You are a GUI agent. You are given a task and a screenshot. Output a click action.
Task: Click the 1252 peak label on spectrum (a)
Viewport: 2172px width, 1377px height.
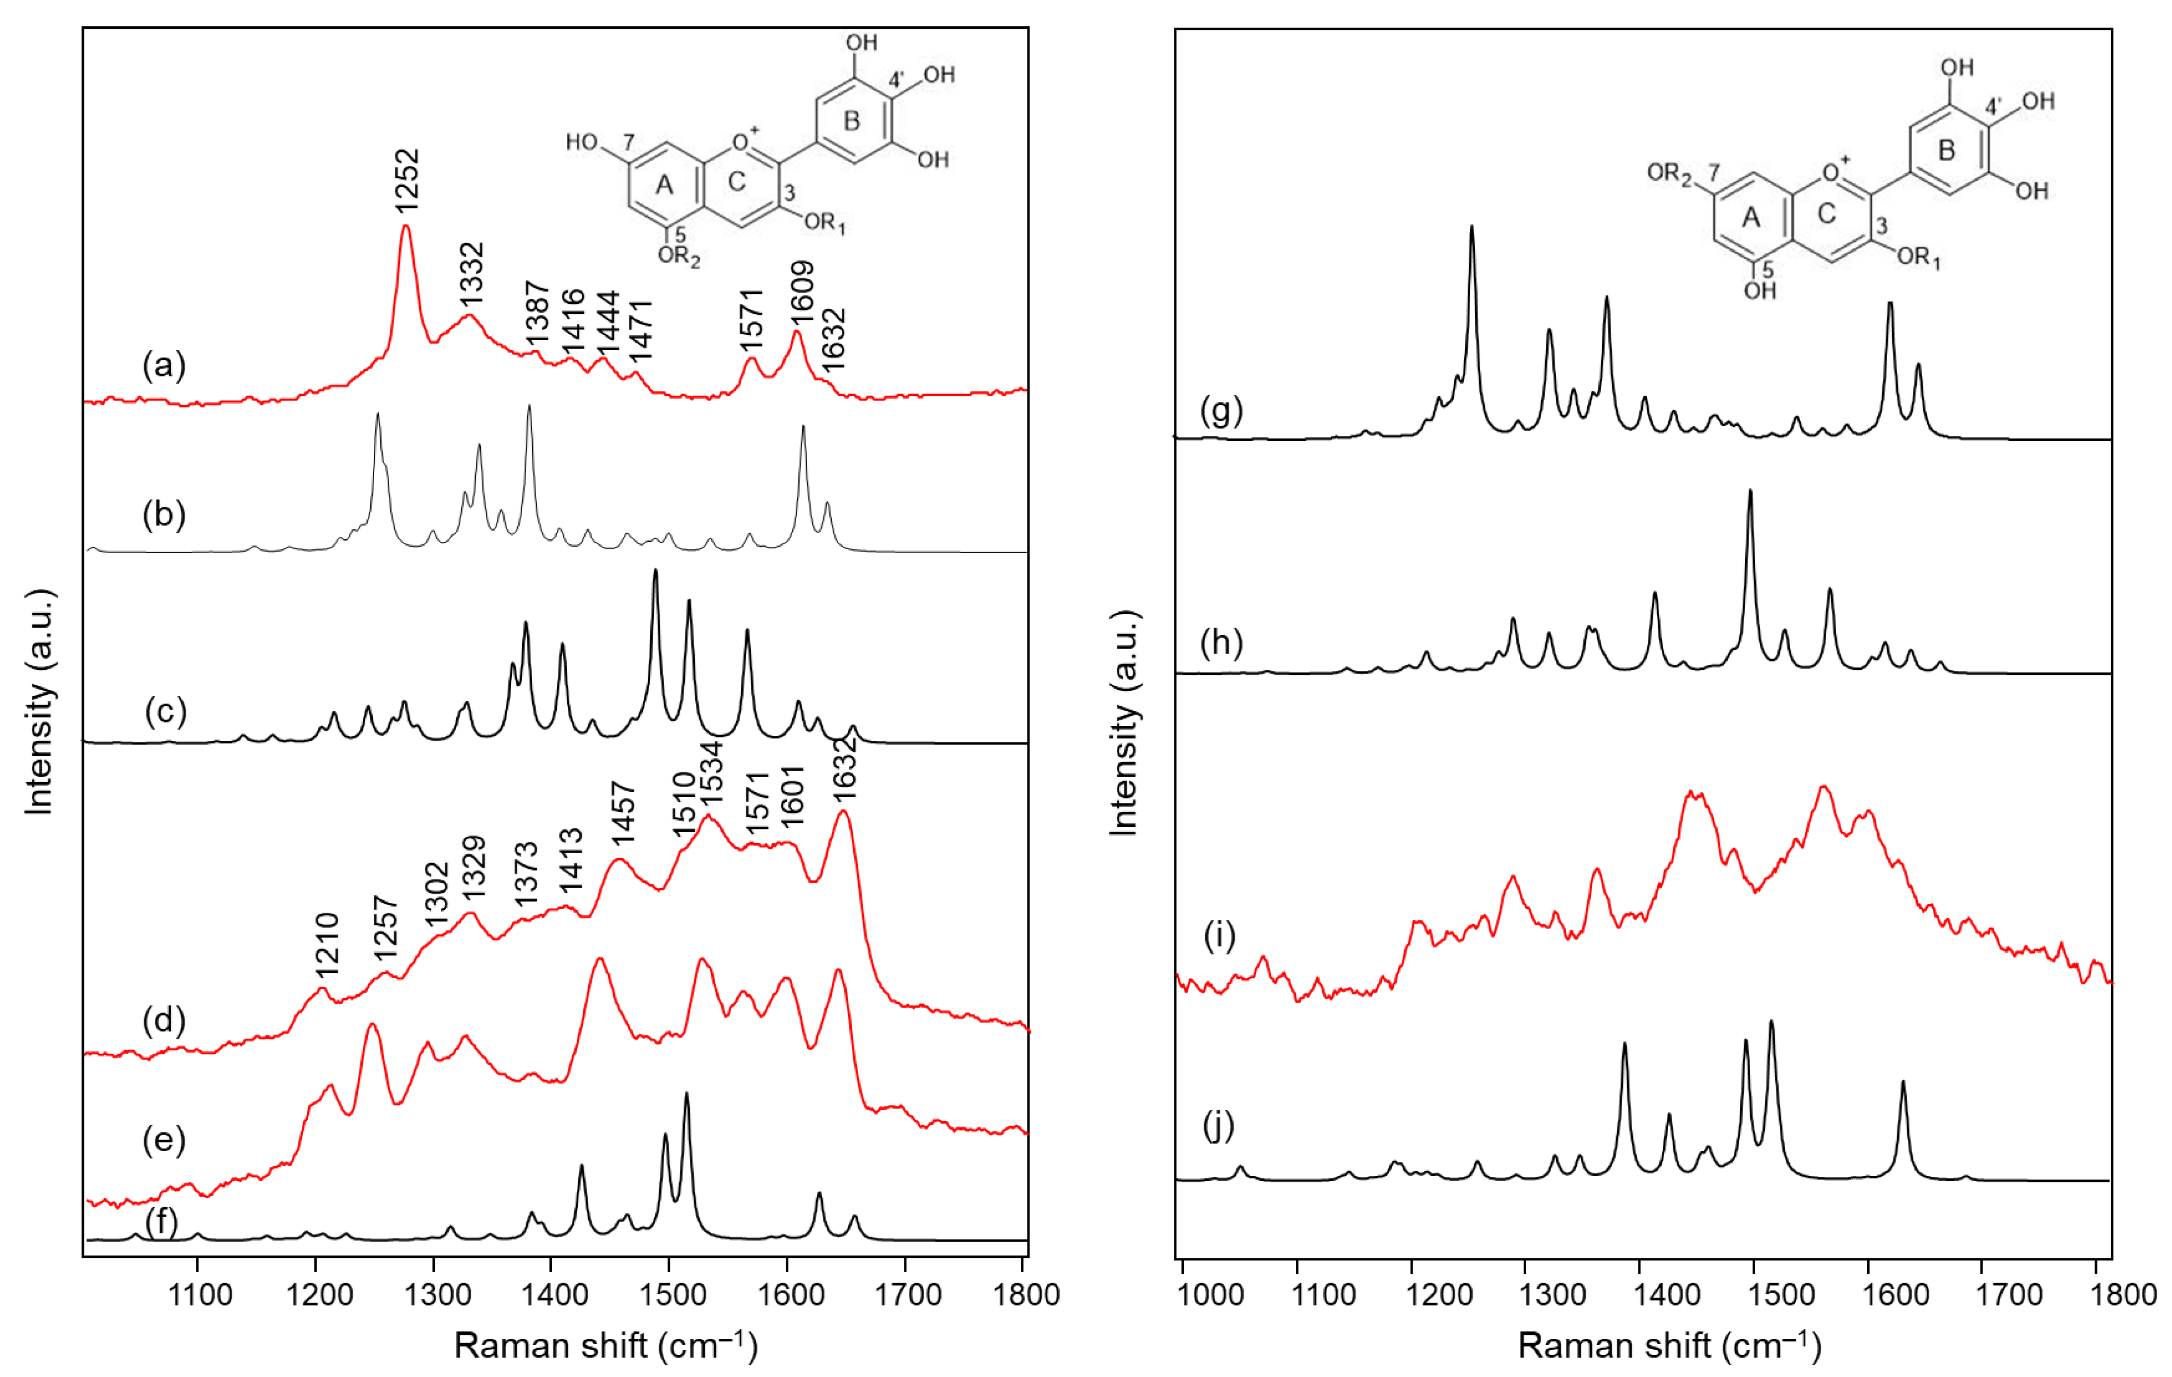pos(407,180)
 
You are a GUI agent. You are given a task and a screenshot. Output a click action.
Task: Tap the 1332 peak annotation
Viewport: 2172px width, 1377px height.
pos(471,274)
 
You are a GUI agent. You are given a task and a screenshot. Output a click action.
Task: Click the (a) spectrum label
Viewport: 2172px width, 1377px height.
pos(164,365)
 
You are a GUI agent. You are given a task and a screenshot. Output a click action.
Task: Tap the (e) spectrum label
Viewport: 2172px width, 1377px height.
pos(164,1140)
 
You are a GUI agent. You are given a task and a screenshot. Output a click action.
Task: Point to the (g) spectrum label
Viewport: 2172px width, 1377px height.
pos(1222,411)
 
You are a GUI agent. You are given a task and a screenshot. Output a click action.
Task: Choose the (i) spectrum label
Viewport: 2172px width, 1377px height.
pos(1220,936)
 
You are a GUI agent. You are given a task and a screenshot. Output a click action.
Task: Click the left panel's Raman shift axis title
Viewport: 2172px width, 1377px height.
pos(605,1345)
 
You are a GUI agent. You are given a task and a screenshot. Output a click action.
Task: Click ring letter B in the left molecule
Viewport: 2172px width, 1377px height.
pos(852,120)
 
